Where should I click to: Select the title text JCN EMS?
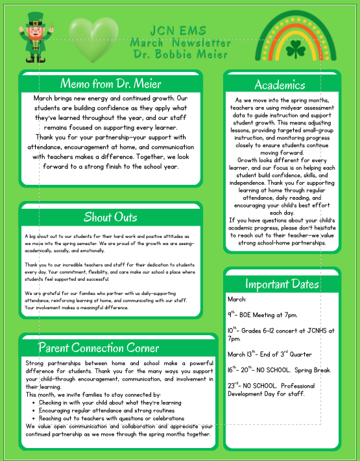[x=180, y=30]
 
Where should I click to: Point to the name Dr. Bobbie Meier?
[x=180, y=53]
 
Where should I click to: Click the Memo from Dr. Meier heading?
[x=110, y=83]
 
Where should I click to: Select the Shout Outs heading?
[x=110, y=217]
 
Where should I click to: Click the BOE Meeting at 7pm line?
[x=262, y=314]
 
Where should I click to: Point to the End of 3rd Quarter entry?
[x=270, y=354]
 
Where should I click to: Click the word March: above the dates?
[x=237, y=299]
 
